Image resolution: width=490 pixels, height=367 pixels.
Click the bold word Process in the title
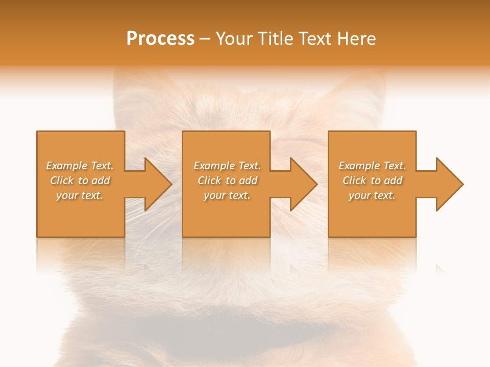160,39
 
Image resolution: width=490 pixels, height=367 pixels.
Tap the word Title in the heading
277,39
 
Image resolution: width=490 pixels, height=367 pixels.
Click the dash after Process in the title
205,39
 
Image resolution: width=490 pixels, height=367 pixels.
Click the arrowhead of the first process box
158,184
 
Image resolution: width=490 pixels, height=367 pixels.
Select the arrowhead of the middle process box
303,184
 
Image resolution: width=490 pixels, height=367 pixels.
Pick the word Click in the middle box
209,180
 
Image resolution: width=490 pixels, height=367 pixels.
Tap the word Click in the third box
354,180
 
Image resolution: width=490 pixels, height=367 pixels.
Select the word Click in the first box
61,180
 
